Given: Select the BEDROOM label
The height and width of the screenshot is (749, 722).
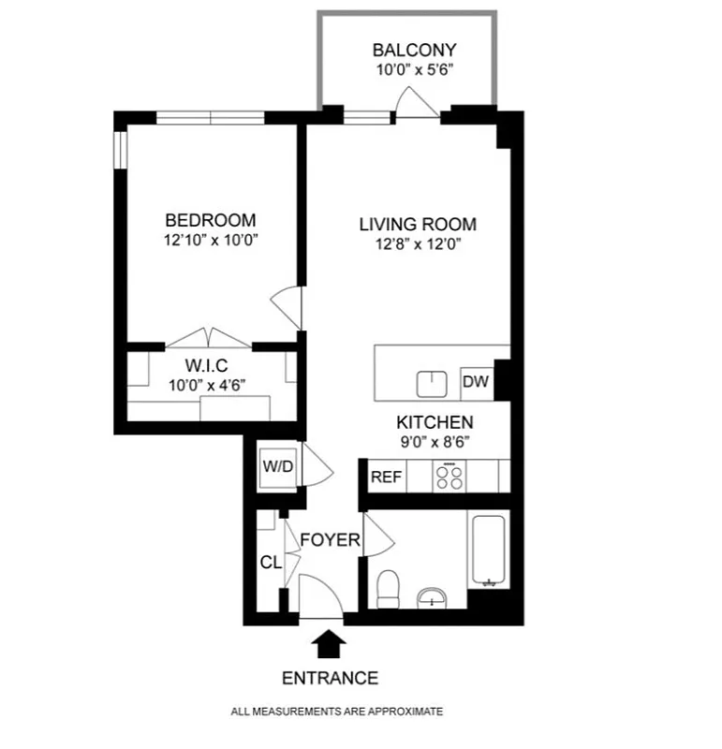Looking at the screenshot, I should [210, 220].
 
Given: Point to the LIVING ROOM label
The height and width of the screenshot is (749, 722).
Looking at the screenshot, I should [418, 225].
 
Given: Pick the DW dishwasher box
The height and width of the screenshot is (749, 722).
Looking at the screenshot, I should [475, 382].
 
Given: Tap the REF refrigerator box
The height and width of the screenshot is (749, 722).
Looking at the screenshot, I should [386, 477].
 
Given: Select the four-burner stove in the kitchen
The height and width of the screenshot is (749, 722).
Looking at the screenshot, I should [449, 477].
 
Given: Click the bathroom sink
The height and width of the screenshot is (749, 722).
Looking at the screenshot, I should [432, 596].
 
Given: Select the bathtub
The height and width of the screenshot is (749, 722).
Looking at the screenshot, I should [488, 549].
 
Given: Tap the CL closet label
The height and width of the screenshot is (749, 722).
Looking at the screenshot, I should [270, 562].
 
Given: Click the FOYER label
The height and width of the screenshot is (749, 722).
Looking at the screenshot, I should [330, 540].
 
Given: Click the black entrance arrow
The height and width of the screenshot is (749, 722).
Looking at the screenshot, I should [330, 643].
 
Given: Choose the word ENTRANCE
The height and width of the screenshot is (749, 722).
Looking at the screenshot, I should [330, 678].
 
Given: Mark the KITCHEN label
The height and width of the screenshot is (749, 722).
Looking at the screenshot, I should [434, 422].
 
